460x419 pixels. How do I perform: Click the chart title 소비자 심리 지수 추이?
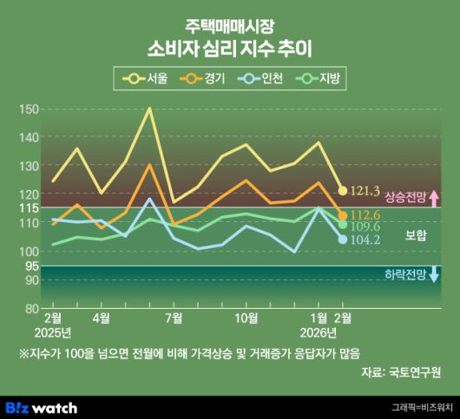point(230,47)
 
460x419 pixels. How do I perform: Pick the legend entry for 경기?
point(204,79)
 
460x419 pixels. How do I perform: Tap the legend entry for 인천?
point(263,79)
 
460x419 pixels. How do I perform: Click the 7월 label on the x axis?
point(173,318)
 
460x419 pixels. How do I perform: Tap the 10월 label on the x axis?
point(246,318)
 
